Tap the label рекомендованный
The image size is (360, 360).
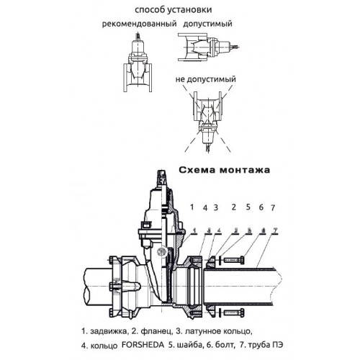[140, 24]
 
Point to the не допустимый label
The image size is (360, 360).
[206, 79]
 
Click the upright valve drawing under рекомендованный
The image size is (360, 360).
[138, 63]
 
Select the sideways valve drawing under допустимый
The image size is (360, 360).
[209, 48]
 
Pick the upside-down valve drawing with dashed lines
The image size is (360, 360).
[208, 121]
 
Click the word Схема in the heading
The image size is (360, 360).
[197, 170]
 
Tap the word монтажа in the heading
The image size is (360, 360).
[245, 171]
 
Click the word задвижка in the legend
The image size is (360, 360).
[108, 331]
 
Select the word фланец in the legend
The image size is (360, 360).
[156, 332]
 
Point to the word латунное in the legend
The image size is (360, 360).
[202, 331]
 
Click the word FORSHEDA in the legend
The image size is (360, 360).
[143, 345]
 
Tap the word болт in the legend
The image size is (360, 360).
[225, 346]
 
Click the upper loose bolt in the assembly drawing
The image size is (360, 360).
[235, 260]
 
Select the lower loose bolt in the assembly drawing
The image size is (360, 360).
[235, 312]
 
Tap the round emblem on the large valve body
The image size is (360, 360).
[161, 252]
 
